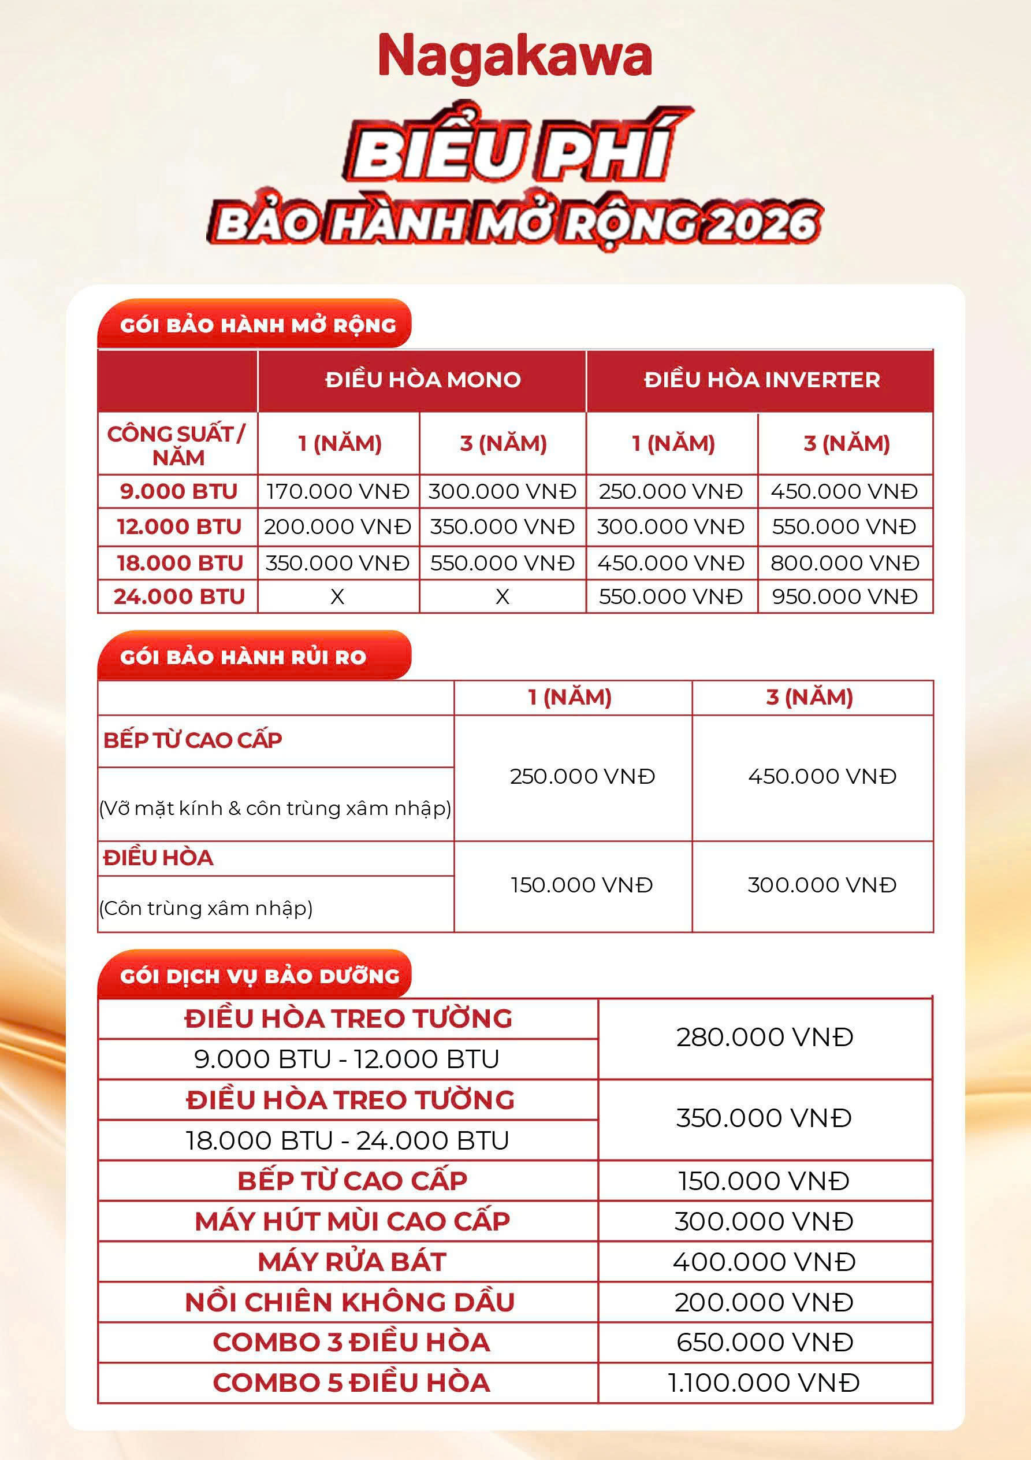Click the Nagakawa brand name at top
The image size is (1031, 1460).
coord(515,57)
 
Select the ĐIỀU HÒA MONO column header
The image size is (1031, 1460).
coord(423,380)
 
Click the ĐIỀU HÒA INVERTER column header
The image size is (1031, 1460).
coord(761,380)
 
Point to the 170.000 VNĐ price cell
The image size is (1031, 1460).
coord(337,491)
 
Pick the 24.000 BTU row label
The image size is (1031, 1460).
coord(178,596)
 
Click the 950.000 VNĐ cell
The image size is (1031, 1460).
coord(845,596)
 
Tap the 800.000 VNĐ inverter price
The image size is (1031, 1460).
coord(845,563)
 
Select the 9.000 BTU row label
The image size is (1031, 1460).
coord(178,491)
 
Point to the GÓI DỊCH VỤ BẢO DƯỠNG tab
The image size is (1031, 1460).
coord(259,976)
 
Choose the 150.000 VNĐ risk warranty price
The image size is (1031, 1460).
coord(582,885)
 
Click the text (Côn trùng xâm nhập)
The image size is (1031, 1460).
coord(206,908)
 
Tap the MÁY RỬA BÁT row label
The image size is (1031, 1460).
coord(352,1262)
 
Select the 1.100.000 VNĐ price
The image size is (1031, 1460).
coord(764,1383)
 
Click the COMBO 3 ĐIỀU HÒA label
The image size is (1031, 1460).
coord(352,1342)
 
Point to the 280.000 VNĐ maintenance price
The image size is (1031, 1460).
coord(764,1037)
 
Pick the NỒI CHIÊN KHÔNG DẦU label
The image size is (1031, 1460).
coord(349,1302)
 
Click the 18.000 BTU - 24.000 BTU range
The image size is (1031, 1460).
coord(347,1140)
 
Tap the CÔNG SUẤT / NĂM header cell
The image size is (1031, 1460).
coord(177,445)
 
